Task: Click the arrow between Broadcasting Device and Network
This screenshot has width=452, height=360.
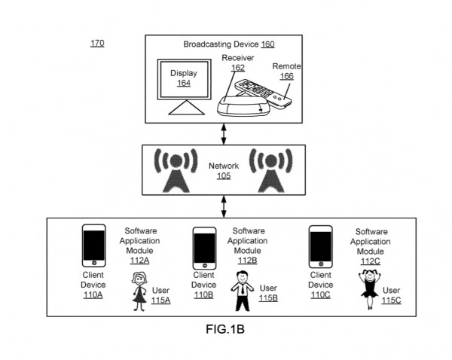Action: (224, 133)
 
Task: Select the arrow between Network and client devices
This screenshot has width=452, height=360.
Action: (224, 205)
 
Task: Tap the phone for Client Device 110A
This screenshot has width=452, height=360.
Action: (94, 247)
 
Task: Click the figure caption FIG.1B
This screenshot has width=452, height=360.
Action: (225, 331)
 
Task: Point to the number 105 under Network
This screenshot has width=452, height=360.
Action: (223, 176)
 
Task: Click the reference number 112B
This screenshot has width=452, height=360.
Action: (248, 261)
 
